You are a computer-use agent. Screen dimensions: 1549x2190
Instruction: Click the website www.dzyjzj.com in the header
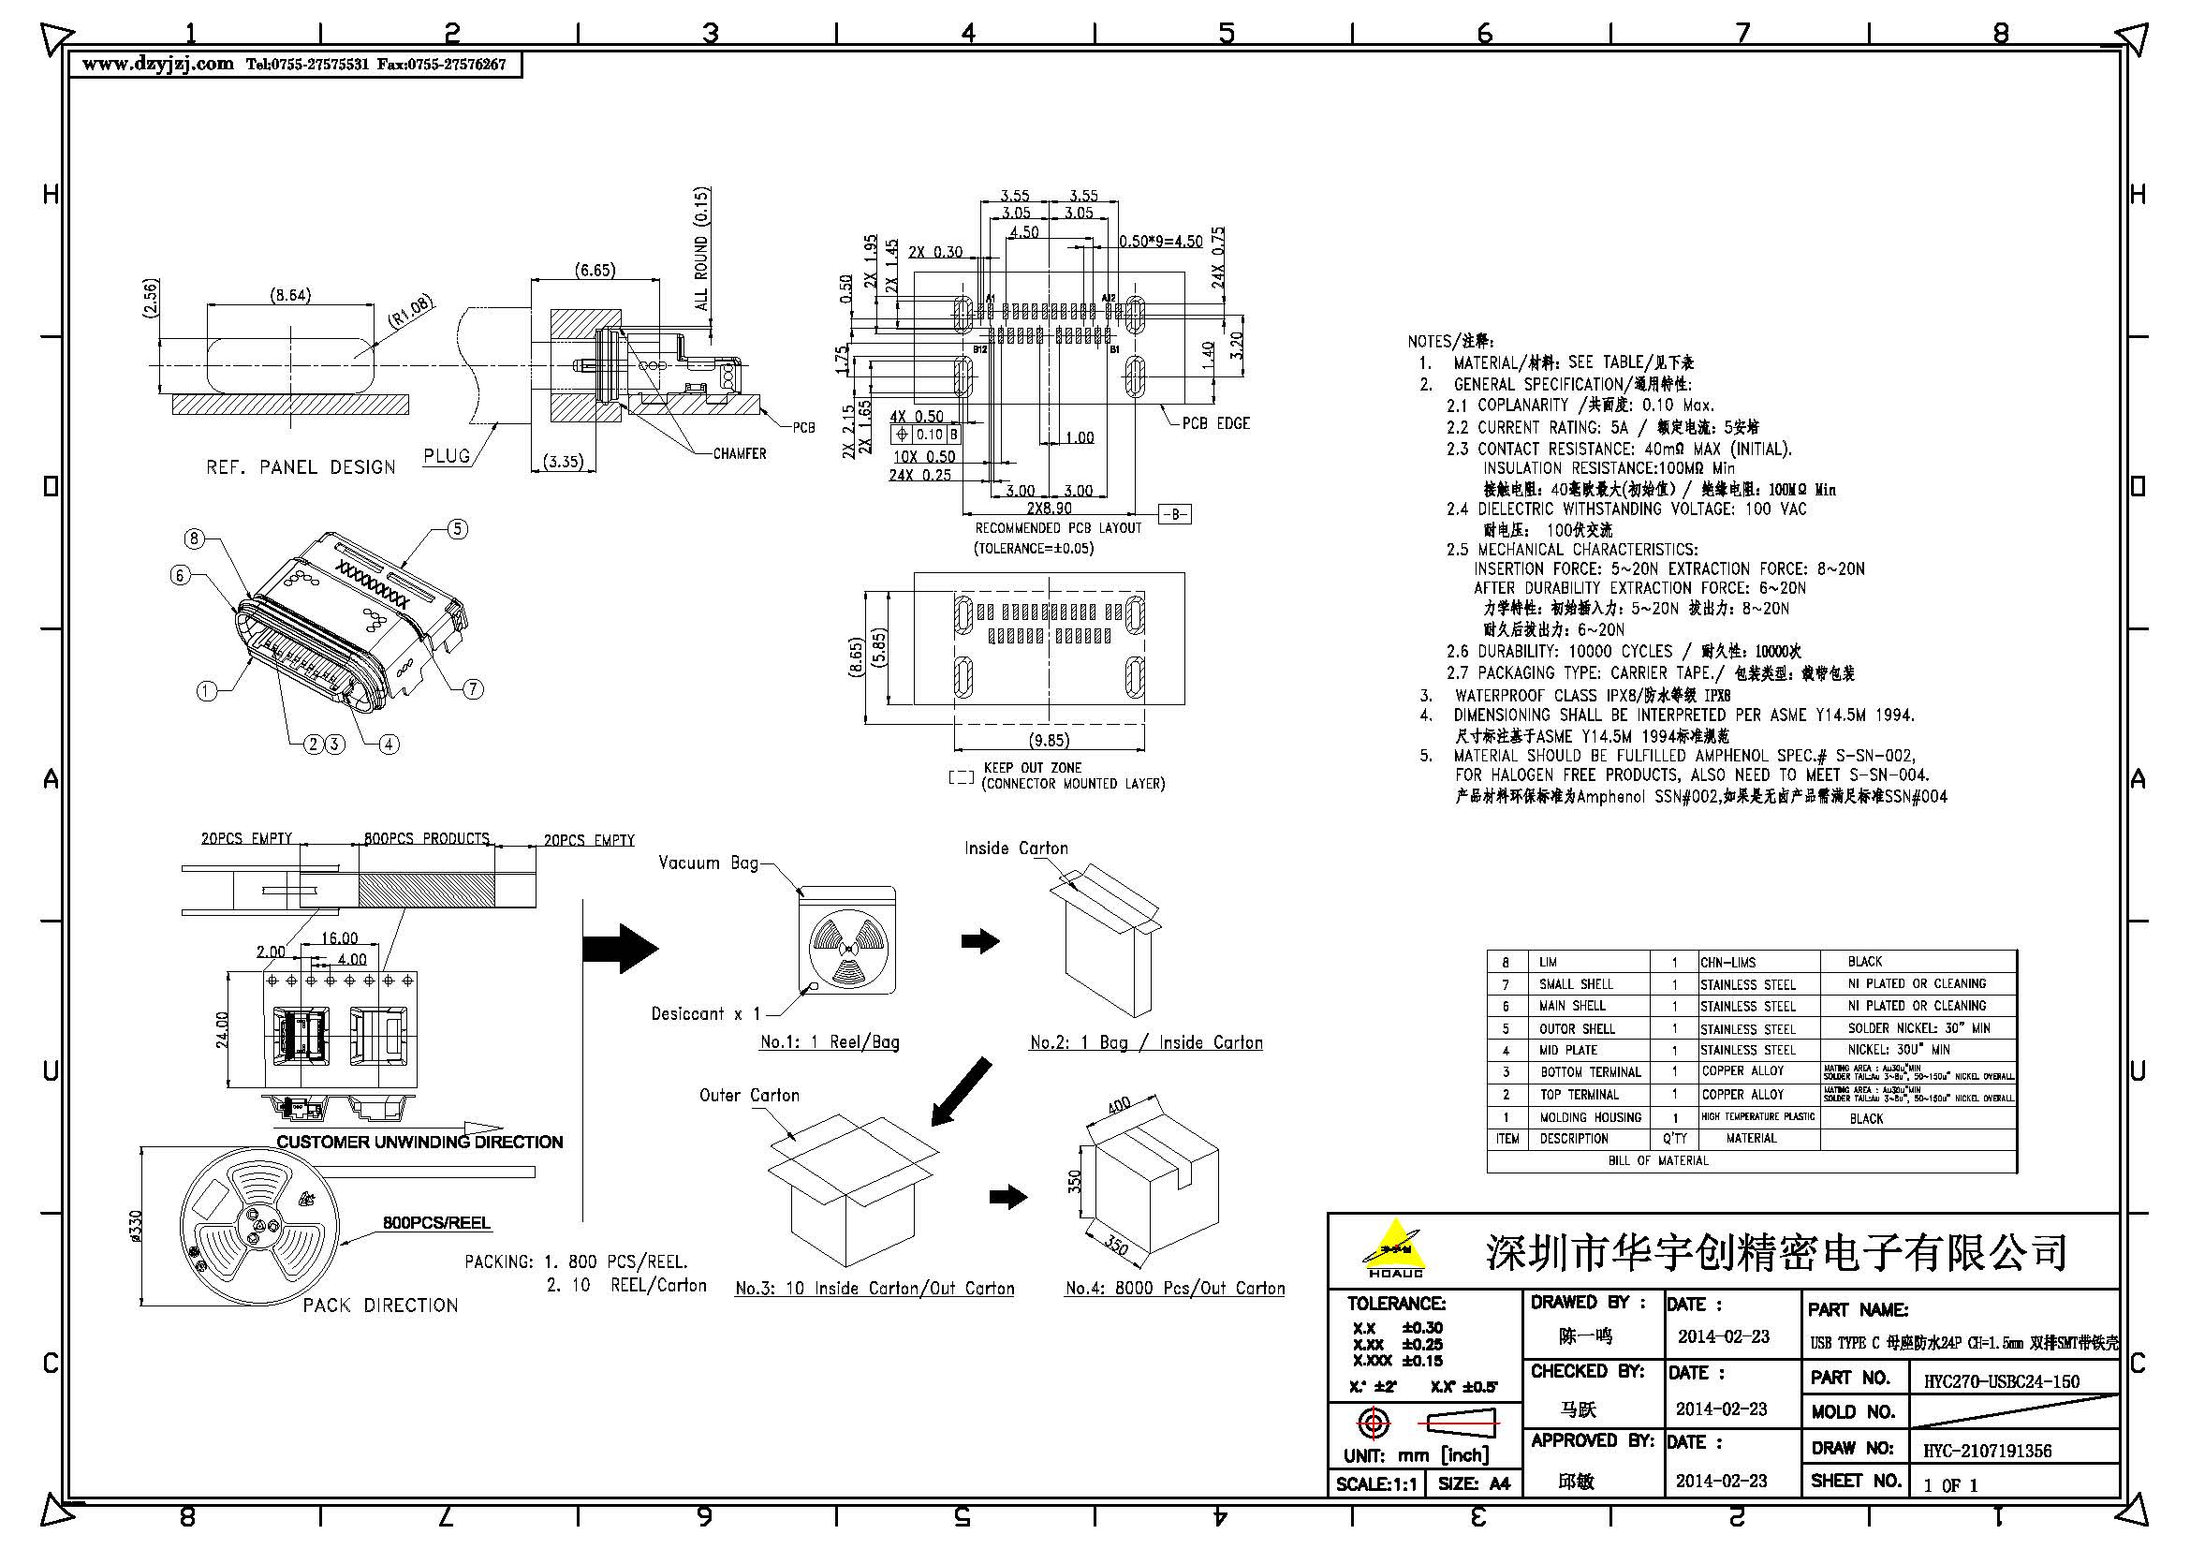(157, 65)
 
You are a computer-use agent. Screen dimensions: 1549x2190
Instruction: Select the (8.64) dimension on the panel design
(290, 295)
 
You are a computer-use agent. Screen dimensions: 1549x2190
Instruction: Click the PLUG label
(448, 456)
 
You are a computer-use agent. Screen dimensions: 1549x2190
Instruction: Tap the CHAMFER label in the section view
(740, 454)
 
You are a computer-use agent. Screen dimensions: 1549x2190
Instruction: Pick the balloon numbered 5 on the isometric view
(458, 528)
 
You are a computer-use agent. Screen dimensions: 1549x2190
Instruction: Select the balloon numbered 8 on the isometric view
(195, 538)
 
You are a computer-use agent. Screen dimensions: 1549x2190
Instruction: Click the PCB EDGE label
(1215, 423)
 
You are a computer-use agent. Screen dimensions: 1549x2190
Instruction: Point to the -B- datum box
(1174, 514)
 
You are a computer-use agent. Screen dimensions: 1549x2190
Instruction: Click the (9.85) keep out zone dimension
(1049, 740)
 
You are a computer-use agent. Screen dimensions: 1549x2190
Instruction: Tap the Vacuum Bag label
(708, 863)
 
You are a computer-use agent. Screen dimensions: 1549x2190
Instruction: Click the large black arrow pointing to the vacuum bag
(621, 948)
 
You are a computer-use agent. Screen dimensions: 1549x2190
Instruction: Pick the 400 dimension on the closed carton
(1119, 1106)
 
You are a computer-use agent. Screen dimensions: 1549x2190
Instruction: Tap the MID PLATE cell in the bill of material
(1568, 1050)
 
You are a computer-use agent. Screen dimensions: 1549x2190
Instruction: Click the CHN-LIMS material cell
(1727, 963)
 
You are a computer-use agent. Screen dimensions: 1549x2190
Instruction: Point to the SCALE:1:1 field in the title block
(1375, 1484)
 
